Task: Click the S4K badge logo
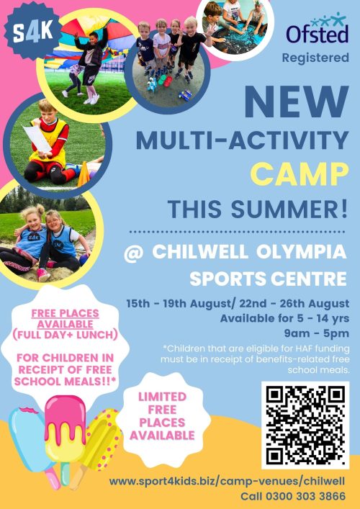[32, 32]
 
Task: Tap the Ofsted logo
[317, 29]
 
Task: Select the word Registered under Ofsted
[315, 58]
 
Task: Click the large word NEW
[297, 102]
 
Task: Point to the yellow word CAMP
[300, 174]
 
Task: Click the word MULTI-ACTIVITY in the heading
[243, 140]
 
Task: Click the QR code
[305, 425]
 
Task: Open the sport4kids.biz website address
[227, 481]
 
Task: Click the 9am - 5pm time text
[316, 333]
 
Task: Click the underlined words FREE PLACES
[65, 313]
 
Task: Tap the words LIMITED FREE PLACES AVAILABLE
[162, 416]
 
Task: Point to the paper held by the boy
[37, 139]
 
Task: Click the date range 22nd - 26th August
[294, 304]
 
